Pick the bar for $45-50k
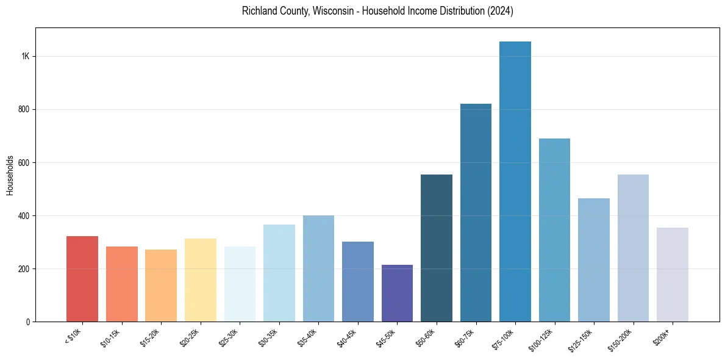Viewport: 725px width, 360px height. (x=397, y=293)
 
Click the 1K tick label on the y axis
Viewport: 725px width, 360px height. (x=25, y=56)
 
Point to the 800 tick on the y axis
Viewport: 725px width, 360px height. (x=24, y=109)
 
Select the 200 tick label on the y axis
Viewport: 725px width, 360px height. (x=24, y=268)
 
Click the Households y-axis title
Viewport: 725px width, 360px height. (x=10, y=175)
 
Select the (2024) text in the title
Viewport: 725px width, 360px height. (x=499, y=11)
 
